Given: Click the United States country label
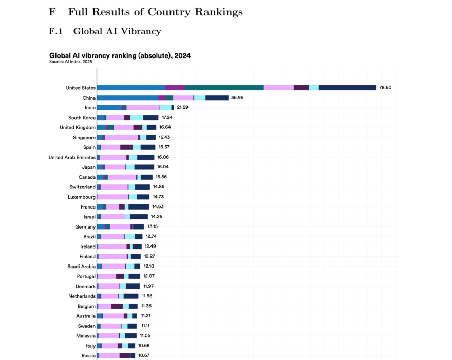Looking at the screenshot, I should pyautogui.click(x=81, y=88).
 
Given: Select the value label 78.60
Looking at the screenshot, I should pyautogui.click(x=385, y=88).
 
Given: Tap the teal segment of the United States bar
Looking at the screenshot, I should pyautogui.click(x=224, y=88).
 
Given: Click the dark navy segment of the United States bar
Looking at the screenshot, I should pyautogui.click(x=347, y=88).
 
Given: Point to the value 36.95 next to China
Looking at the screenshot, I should pyautogui.click(x=237, y=98).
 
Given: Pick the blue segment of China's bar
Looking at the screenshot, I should pyautogui.click(x=127, y=98).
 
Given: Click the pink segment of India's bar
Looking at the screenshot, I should pyautogui.click(x=143, y=107).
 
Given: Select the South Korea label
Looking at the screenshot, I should pyautogui.click(x=82, y=118).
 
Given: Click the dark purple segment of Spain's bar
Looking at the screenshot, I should pyautogui.click(x=126, y=147).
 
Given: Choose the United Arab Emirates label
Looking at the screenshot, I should pyautogui.click(x=72, y=157).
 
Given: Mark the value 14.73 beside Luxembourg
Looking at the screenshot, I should pyautogui.click(x=158, y=197).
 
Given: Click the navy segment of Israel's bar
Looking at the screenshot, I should pyautogui.click(x=139, y=217).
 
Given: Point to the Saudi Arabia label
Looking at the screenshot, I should pyautogui.click(x=81, y=266).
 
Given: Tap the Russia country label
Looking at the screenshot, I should pyautogui.click(x=88, y=355).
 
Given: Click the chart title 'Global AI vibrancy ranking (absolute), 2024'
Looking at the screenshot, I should pyautogui.click(x=120, y=55).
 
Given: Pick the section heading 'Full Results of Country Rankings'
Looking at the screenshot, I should pyautogui.click(x=155, y=11).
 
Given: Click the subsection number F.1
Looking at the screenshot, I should pyautogui.click(x=55, y=32).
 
